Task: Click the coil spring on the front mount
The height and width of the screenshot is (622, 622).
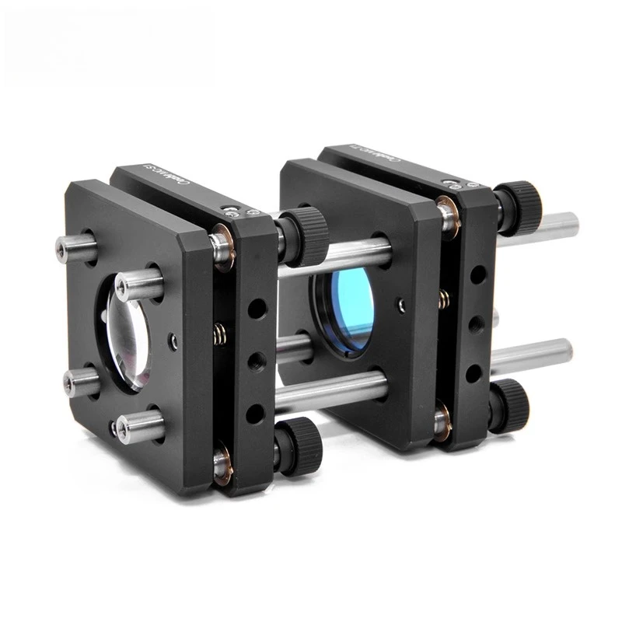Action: tap(219, 335)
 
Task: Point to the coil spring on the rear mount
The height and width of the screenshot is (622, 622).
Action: tap(443, 299)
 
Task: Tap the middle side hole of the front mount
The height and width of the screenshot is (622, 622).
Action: tap(255, 361)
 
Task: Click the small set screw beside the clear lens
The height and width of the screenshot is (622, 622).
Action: tap(173, 340)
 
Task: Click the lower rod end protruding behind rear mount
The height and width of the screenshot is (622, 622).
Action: tap(561, 351)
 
